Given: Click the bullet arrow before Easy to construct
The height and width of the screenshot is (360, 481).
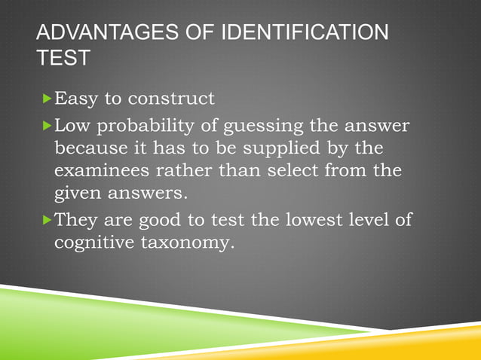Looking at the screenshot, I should [x=48, y=99].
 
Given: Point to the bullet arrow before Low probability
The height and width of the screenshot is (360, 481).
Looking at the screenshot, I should [x=48, y=123].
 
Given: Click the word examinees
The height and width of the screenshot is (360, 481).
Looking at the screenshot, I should [x=100, y=171].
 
